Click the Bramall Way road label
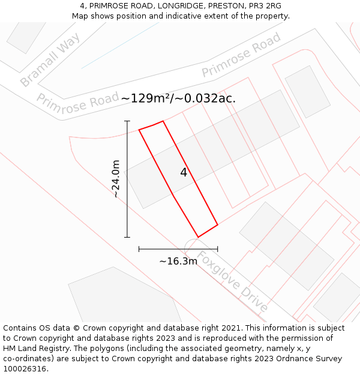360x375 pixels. [50, 60]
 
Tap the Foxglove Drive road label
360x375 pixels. [232, 281]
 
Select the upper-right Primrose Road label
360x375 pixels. [241, 55]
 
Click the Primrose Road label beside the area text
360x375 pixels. [78, 101]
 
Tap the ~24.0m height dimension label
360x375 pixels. [116, 179]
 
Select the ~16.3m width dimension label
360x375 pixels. [178, 261]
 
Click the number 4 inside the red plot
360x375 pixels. [184, 173]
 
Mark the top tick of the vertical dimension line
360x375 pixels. [127, 121]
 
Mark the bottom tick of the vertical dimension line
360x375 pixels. [127, 237]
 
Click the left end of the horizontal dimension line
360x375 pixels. [139, 248]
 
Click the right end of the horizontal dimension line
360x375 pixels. [217, 248]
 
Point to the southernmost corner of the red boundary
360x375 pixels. [198, 237]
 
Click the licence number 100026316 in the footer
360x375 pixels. [25, 369]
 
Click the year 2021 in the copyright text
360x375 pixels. [231, 328]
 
